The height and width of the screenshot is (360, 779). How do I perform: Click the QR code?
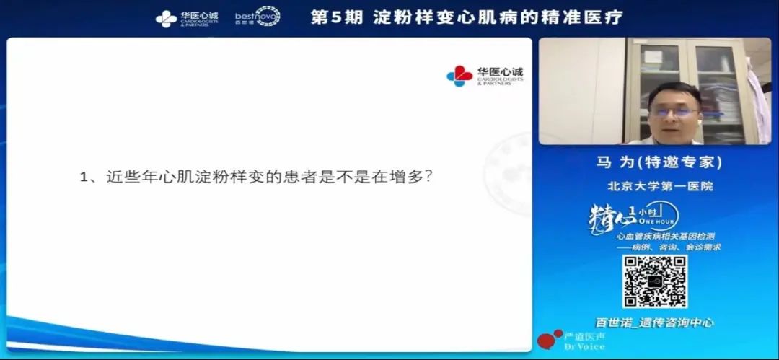tap(655, 281)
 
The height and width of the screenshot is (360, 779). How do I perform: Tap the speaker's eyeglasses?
tap(673, 112)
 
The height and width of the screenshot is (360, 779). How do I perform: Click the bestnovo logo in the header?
tap(258, 17)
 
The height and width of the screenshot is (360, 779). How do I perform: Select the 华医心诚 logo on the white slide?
tap(485, 76)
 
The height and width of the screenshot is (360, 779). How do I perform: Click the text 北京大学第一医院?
tap(659, 186)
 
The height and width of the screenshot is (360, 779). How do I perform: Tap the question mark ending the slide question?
tap(429, 176)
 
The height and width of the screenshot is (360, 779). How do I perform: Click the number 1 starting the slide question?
tap(83, 177)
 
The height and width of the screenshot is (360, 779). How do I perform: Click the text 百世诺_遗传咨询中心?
tap(654, 322)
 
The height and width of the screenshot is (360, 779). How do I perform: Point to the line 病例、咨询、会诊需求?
tap(674, 247)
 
